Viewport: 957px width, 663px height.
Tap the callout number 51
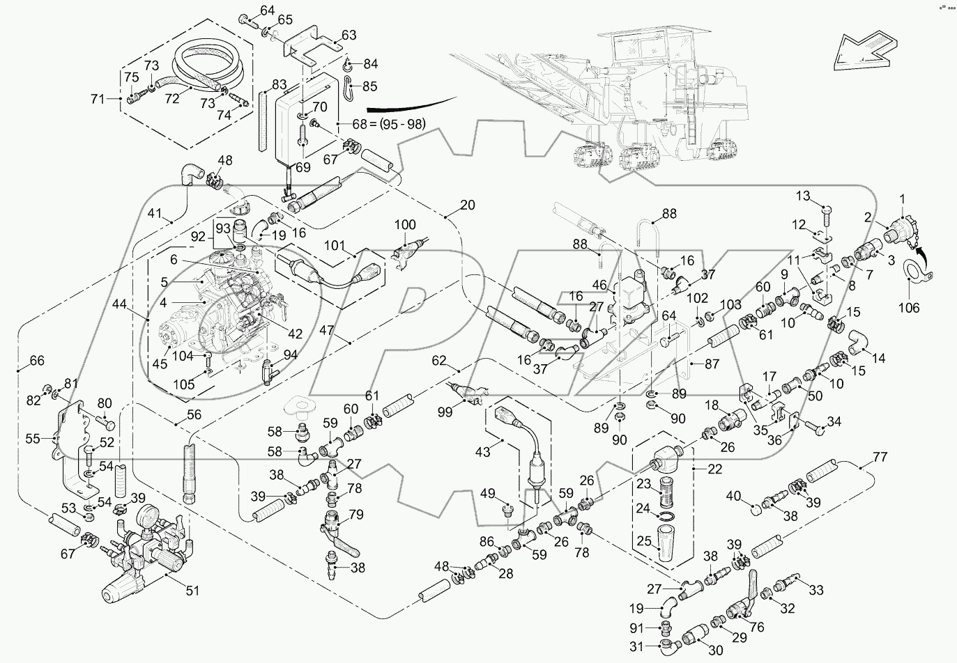pos(192,591)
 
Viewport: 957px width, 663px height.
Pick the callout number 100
pos(405,225)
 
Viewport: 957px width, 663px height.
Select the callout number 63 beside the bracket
pos(348,35)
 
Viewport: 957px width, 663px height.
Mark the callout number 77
pos(880,458)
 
